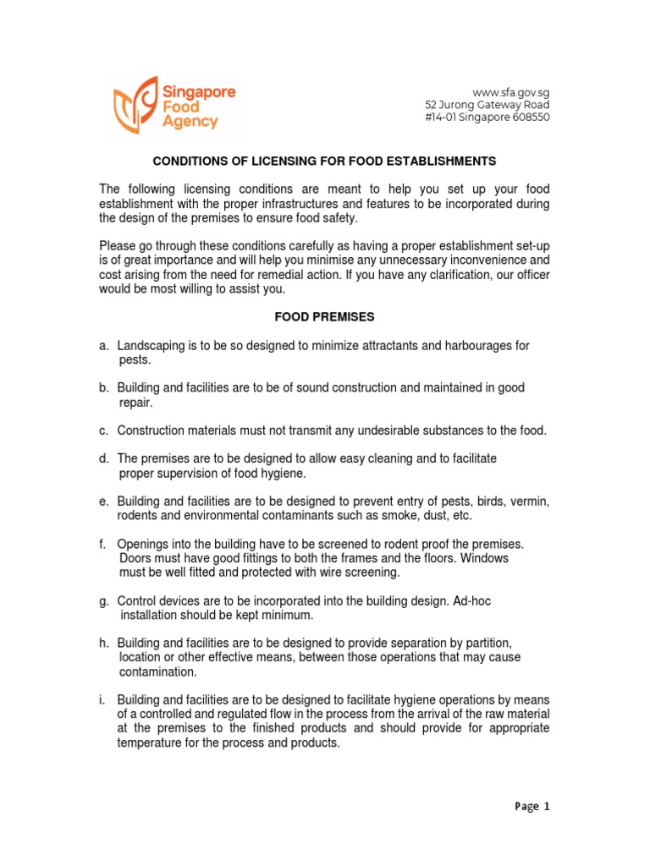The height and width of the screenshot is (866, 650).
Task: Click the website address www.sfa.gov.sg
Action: pyautogui.click(x=511, y=91)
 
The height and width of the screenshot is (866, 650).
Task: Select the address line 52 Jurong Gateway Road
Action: pyautogui.click(x=487, y=105)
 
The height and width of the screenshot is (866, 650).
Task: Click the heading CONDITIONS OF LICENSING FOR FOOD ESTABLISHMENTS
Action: pyautogui.click(x=324, y=161)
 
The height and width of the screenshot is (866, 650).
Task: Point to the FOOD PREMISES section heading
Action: pyautogui.click(x=324, y=316)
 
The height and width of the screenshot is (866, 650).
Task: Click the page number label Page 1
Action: pyautogui.click(x=532, y=806)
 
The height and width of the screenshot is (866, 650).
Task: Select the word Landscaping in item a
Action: pyautogui.click(x=149, y=346)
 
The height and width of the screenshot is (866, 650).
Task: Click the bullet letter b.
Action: pyautogui.click(x=103, y=387)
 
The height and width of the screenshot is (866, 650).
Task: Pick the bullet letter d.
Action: pyautogui.click(x=103, y=458)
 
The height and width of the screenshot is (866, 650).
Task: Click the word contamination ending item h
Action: pyautogui.click(x=157, y=672)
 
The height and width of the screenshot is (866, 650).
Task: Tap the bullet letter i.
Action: pyautogui.click(x=102, y=699)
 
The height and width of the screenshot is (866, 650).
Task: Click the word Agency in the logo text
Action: pyautogui.click(x=190, y=122)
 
